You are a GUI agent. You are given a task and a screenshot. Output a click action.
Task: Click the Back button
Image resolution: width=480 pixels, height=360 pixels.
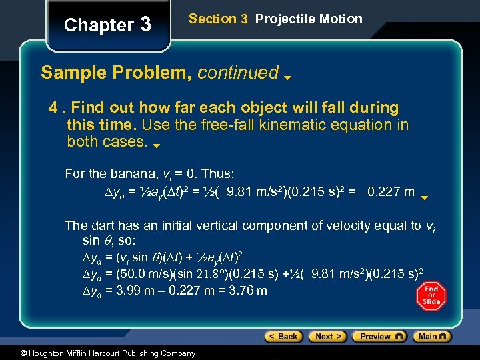(x=283, y=337)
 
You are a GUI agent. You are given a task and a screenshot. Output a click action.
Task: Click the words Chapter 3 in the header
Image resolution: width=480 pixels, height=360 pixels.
(x=107, y=25)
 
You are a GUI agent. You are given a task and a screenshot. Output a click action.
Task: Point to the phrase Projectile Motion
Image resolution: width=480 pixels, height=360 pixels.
(x=309, y=19)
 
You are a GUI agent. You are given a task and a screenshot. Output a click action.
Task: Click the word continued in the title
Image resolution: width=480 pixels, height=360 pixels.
(x=237, y=73)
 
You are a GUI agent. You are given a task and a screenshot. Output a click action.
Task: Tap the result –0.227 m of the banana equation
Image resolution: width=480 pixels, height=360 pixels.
(x=387, y=192)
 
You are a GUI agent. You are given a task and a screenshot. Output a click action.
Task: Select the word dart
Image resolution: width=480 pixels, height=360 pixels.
(x=99, y=225)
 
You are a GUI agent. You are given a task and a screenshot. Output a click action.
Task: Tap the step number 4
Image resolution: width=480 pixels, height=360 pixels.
(x=52, y=107)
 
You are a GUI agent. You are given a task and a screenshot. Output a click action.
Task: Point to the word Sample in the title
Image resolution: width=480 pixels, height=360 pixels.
(x=72, y=73)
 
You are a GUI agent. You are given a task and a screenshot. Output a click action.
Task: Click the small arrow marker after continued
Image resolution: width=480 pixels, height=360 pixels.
(x=287, y=77)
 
